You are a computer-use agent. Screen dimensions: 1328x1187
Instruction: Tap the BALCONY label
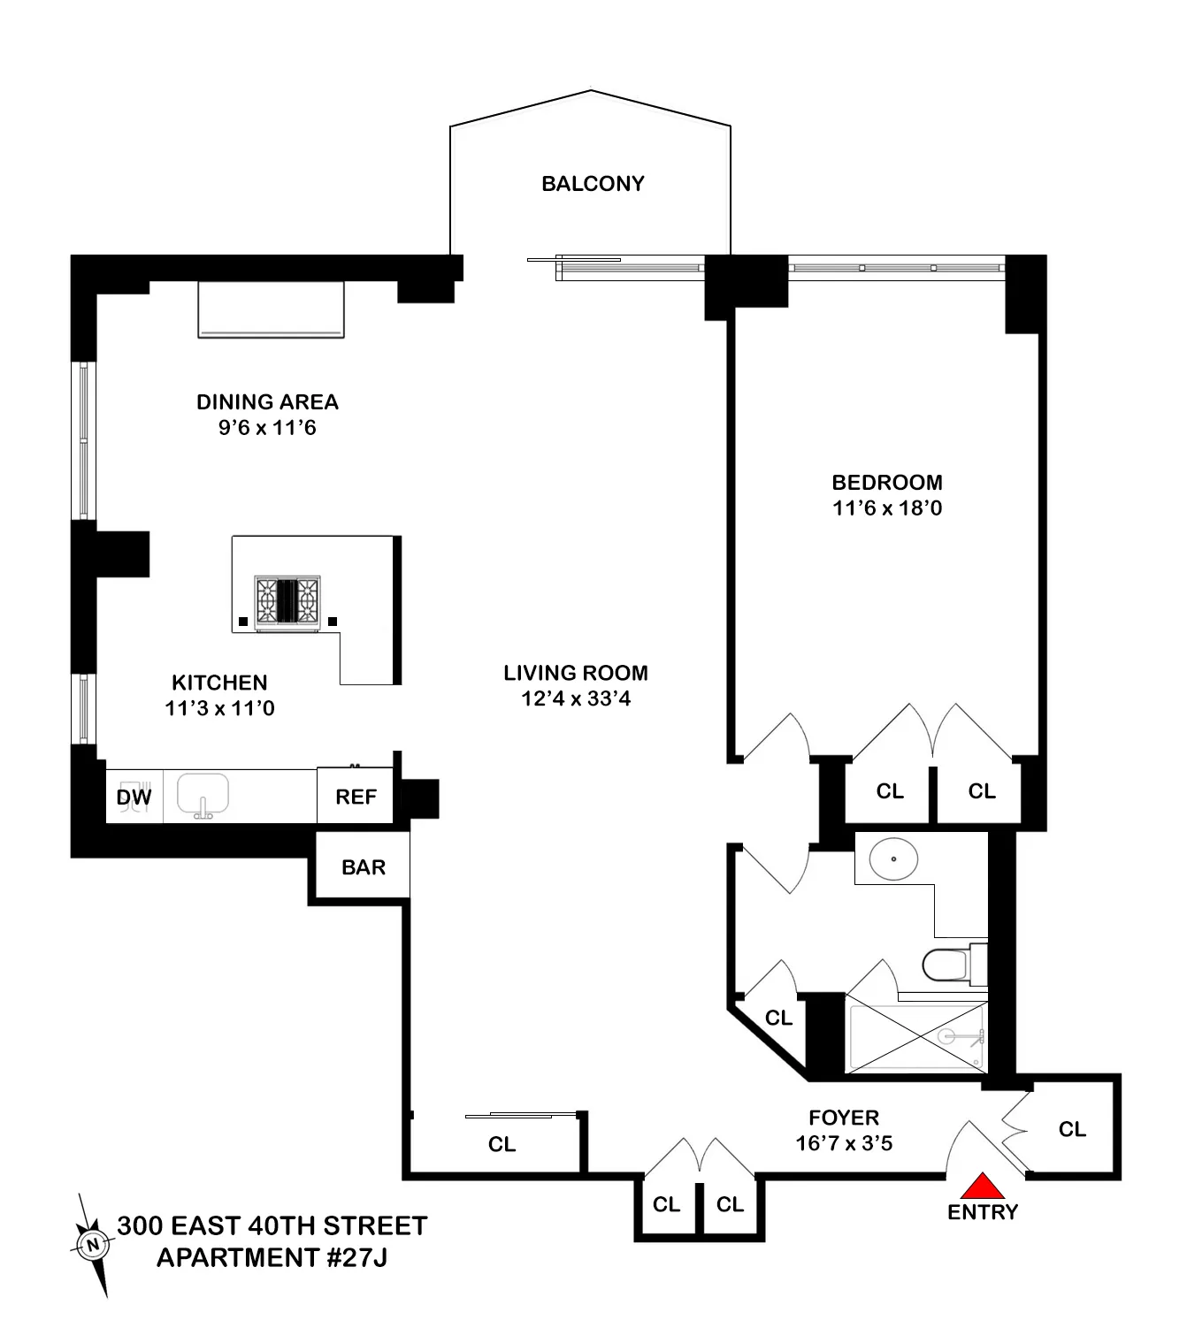(593, 184)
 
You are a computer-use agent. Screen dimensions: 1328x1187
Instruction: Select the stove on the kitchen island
(287, 602)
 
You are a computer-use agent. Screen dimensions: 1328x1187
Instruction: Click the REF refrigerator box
(356, 797)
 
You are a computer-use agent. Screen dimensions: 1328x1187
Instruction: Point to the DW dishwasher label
(134, 798)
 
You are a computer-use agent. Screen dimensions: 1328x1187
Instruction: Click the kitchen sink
(203, 794)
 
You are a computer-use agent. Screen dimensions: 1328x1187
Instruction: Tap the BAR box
(364, 867)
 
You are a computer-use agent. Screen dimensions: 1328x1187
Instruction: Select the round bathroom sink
(893, 859)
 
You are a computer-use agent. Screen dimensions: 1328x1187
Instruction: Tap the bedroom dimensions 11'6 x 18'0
(887, 508)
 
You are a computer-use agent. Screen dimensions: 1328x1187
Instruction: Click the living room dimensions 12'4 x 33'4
(576, 698)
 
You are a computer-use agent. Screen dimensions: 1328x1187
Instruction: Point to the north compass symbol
(92, 1245)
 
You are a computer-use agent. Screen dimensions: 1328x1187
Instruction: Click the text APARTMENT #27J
(272, 1257)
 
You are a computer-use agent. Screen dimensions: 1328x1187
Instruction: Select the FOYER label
(844, 1118)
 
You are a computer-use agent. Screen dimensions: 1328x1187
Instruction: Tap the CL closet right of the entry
(1072, 1129)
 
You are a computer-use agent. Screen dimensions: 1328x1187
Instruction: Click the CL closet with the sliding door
(502, 1144)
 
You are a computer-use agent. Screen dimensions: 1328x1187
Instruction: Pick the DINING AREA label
(267, 402)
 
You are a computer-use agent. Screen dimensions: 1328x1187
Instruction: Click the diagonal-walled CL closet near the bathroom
(778, 1018)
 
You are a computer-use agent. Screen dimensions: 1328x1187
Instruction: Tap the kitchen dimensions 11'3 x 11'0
(219, 708)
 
